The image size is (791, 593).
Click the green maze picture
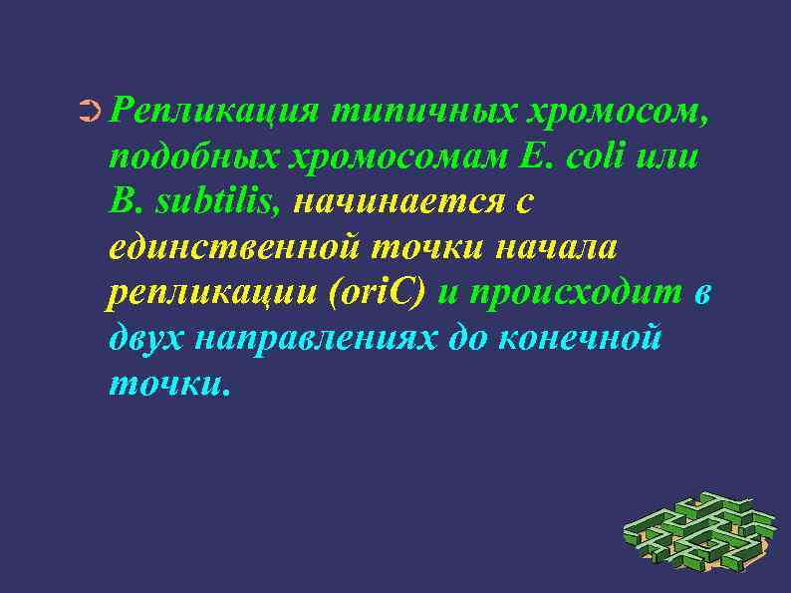pyautogui.click(x=697, y=533)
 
